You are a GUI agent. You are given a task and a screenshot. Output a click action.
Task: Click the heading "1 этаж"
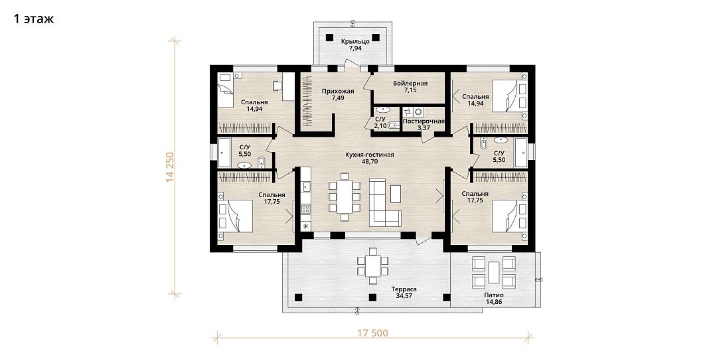pyautogui.click(x=34, y=19)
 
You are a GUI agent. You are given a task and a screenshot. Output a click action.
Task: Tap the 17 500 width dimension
pyautogui.click(x=372, y=333)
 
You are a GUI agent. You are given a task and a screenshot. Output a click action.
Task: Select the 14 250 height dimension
pyautogui.click(x=169, y=167)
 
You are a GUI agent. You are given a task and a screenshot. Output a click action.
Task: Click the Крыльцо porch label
pyautogui.click(x=355, y=41)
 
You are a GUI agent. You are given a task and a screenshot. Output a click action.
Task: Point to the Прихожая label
pyautogui.click(x=338, y=91)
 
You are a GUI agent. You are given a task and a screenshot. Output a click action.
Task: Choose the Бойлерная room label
pyautogui.click(x=410, y=84)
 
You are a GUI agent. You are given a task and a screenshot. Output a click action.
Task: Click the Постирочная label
pyautogui.click(x=424, y=121)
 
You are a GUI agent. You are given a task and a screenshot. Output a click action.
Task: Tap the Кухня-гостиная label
pyautogui.click(x=370, y=155)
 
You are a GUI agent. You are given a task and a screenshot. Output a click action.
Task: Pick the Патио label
pyautogui.click(x=494, y=295)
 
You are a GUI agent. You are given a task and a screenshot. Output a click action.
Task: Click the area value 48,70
pyautogui.click(x=370, y=161)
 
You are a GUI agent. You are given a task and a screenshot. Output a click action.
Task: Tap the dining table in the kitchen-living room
pyautogui.click(x=345, y=196)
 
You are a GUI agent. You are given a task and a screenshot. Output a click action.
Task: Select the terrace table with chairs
pyautogui.click(x=373, y=266)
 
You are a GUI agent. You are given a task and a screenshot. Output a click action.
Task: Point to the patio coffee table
pyautogui.click(x=494, y=272)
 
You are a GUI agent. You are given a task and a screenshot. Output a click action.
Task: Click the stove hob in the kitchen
pyautogui.click(x=306, y=208)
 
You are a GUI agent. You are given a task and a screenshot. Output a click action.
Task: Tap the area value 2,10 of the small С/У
pyautogui.click(x=380, y=125)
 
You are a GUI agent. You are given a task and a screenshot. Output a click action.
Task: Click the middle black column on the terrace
pyautogui.click(x=372, y=297)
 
